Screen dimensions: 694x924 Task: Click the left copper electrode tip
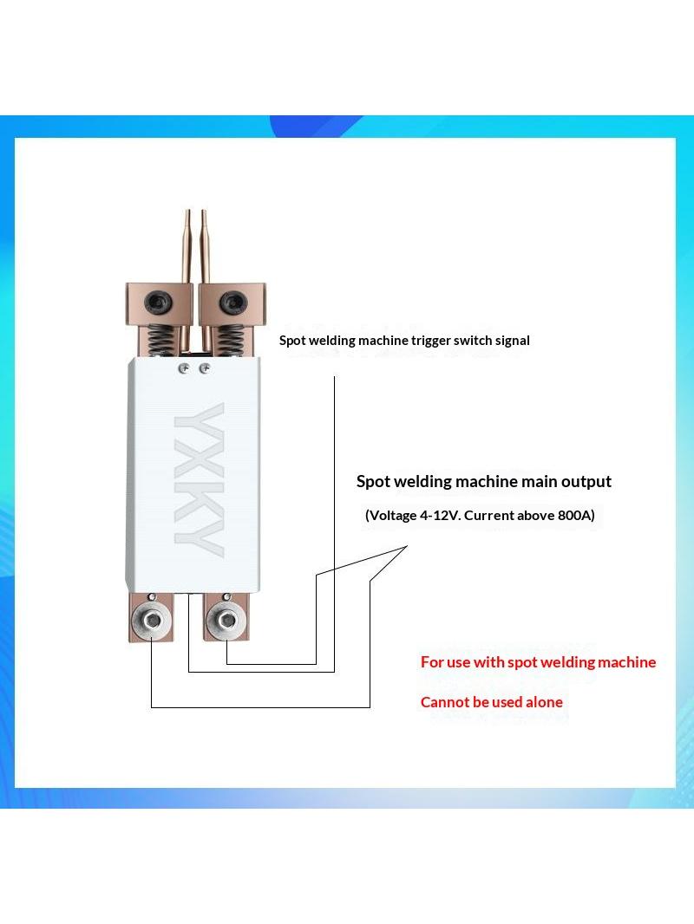point(188,211)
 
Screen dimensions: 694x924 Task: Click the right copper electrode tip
point(204,211)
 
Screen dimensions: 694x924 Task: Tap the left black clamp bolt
point(160,303)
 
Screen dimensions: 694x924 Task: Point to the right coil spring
point(229,341)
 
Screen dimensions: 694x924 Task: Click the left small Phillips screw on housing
point(184,368)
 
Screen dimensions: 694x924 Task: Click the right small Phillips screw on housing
point(204,368)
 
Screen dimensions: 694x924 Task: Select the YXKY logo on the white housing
point(199,480)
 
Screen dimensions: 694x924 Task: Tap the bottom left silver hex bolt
point(153,620)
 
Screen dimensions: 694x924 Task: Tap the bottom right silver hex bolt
point(226,620)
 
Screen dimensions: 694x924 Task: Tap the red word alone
point(544,702)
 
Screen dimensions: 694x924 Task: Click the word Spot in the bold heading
point(374,482)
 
